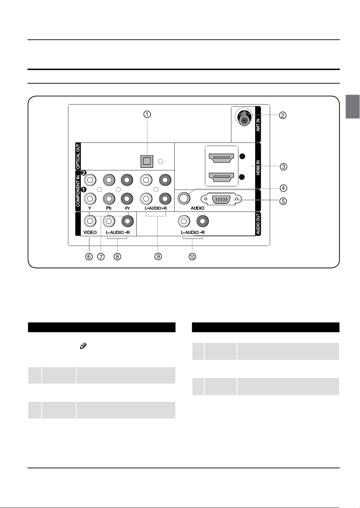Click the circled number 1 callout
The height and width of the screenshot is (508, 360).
pyautogui.click(x=147, y=114)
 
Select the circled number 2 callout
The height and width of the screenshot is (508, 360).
pyautogui.click(x=282, y=115)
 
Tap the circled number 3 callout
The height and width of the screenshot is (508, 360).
pyautogui.click(x=283, y=167)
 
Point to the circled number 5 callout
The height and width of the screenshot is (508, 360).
pyautogui.click(x=283, y=201)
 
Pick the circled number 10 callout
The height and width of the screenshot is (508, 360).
pyautogui.click(x=192, y=256)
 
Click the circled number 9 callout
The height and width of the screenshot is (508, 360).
pyautogui.click(x=158, y=256)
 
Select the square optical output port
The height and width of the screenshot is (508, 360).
pyautogui.click(x=147, y=161)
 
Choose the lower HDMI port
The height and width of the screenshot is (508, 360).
pyautogui.click(x=221, y=177)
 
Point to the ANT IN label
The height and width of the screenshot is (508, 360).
pyautogui.click(x=258, y=125)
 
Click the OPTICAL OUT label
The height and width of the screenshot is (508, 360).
pyautogui.click(x=78, y=156)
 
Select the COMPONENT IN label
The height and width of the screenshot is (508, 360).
pyautogui.click(x=78, y=191)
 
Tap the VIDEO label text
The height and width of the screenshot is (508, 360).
pyautogui.click(x=90, y=232)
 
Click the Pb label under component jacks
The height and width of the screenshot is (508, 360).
pyautogui.click(x=109, y=208)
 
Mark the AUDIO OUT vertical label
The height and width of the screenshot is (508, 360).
pyautogui.click(x=258, y=224)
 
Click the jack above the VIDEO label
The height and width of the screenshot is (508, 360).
pyautogui.click(x=90, y=221)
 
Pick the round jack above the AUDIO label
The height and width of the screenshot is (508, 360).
pyautogui.click(x=184, y=198)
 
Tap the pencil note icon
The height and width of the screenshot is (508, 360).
pyautogui.click(x=83, y=346)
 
